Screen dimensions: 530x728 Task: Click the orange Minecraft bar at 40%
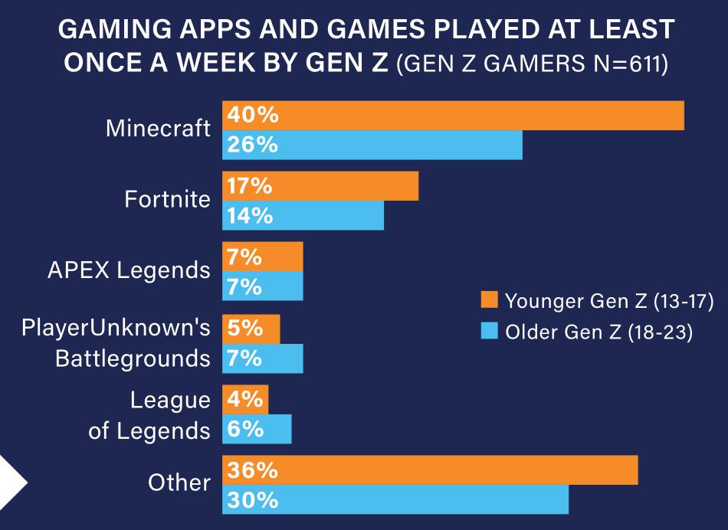pos(453,116)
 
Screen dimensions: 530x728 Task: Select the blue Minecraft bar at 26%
pos(372,145)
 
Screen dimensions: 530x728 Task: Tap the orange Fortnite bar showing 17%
pos(320,186)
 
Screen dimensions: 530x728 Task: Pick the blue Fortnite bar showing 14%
pos(303,215)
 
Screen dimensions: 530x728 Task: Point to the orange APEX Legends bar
pos(263,257)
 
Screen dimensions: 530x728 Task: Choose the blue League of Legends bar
pos(257,429)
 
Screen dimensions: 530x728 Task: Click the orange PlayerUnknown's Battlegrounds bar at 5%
pos(251,329)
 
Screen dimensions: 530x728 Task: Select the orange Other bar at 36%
pos(430,470)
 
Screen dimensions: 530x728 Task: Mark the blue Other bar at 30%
pos(395,499)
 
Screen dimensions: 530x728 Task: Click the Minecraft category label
pos(158,129)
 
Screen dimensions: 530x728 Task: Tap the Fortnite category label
pos(167,200)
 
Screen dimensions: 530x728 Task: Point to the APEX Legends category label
pos(128,270)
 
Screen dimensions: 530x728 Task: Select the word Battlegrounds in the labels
pos(133,358)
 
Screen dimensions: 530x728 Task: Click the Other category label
pos(179,483)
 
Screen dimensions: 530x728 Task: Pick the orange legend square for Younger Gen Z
pos(490,299)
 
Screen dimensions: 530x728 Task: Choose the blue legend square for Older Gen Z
pos(490,332)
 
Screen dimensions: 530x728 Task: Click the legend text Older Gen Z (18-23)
pos(598,333)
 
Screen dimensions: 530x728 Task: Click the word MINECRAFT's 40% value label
pos(252,116)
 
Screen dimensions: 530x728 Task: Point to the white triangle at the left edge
pos(11,483)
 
